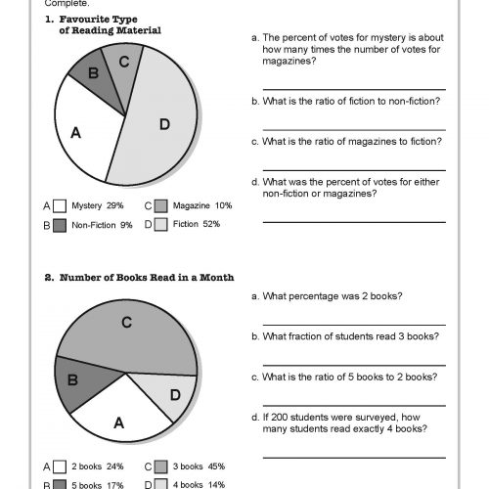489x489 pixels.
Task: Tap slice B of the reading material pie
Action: click(x=94, y=72)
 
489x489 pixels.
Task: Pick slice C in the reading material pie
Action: click(x=124, y=61)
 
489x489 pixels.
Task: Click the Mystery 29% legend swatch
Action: click(x=60, y=206)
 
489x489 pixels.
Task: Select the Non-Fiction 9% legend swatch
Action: click(x=60, y=224)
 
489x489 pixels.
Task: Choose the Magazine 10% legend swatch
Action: click(x=159, y=206)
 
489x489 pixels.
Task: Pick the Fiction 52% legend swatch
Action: click(x=159, y=224)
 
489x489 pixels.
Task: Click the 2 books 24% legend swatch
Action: click(x=60, y=467)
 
